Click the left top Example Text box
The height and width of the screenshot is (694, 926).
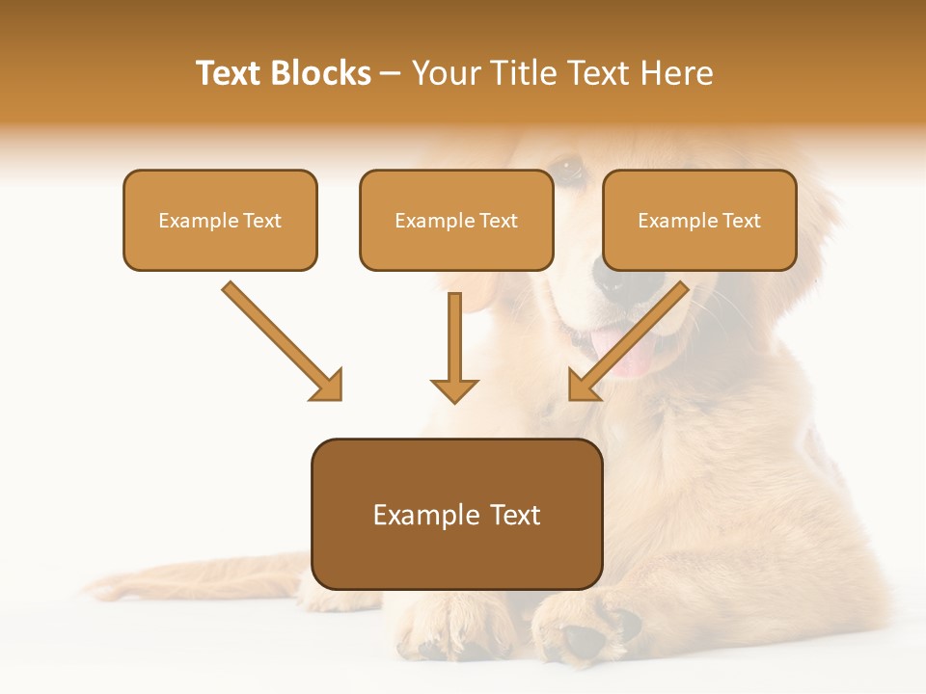220,220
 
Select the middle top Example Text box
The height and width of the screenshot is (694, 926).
456,220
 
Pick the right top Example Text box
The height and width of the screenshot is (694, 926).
699,220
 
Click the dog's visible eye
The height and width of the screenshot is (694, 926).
569,170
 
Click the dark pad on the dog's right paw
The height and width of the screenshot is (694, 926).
584,639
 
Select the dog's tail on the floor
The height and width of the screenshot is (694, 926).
193,578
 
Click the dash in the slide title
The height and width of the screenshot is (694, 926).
391,73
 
